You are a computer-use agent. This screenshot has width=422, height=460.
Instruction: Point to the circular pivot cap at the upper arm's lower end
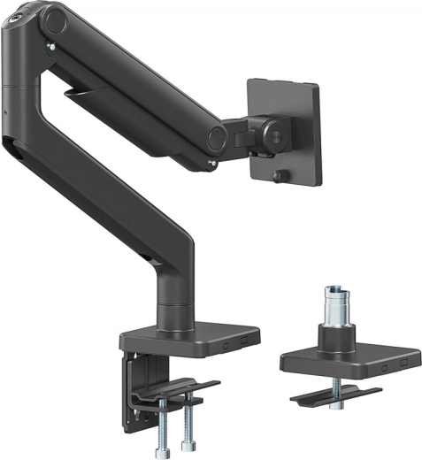(215, 137)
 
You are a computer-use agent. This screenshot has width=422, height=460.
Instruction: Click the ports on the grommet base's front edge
(391, 364)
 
